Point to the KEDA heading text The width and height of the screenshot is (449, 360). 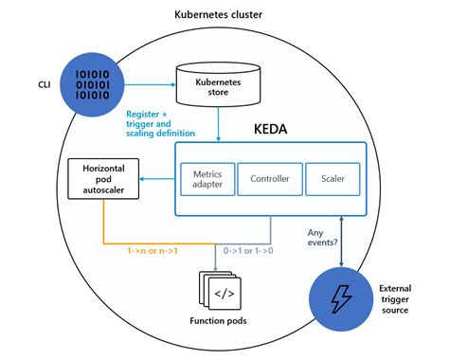[x=275, y=128]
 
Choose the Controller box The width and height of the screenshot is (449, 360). [x=269, y=178]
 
